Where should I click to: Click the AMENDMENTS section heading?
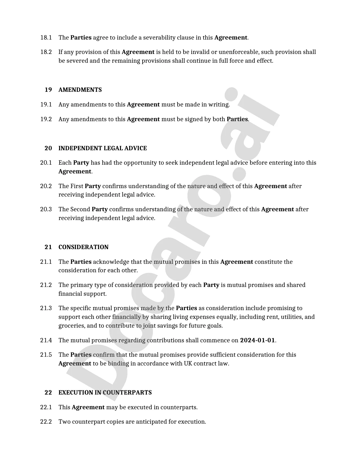[80, 90]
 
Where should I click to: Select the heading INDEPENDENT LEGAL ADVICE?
[102, 148]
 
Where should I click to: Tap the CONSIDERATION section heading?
[83, 247]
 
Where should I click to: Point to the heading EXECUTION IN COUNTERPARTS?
[105, 393]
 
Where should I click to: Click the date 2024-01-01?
[257, 340]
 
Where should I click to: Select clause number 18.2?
[46, 52]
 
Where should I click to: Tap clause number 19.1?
[46, 104]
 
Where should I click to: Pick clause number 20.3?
[46, 209]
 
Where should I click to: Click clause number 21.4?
[46, 340]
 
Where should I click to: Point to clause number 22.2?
[46, 422]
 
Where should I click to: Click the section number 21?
[48, 247]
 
